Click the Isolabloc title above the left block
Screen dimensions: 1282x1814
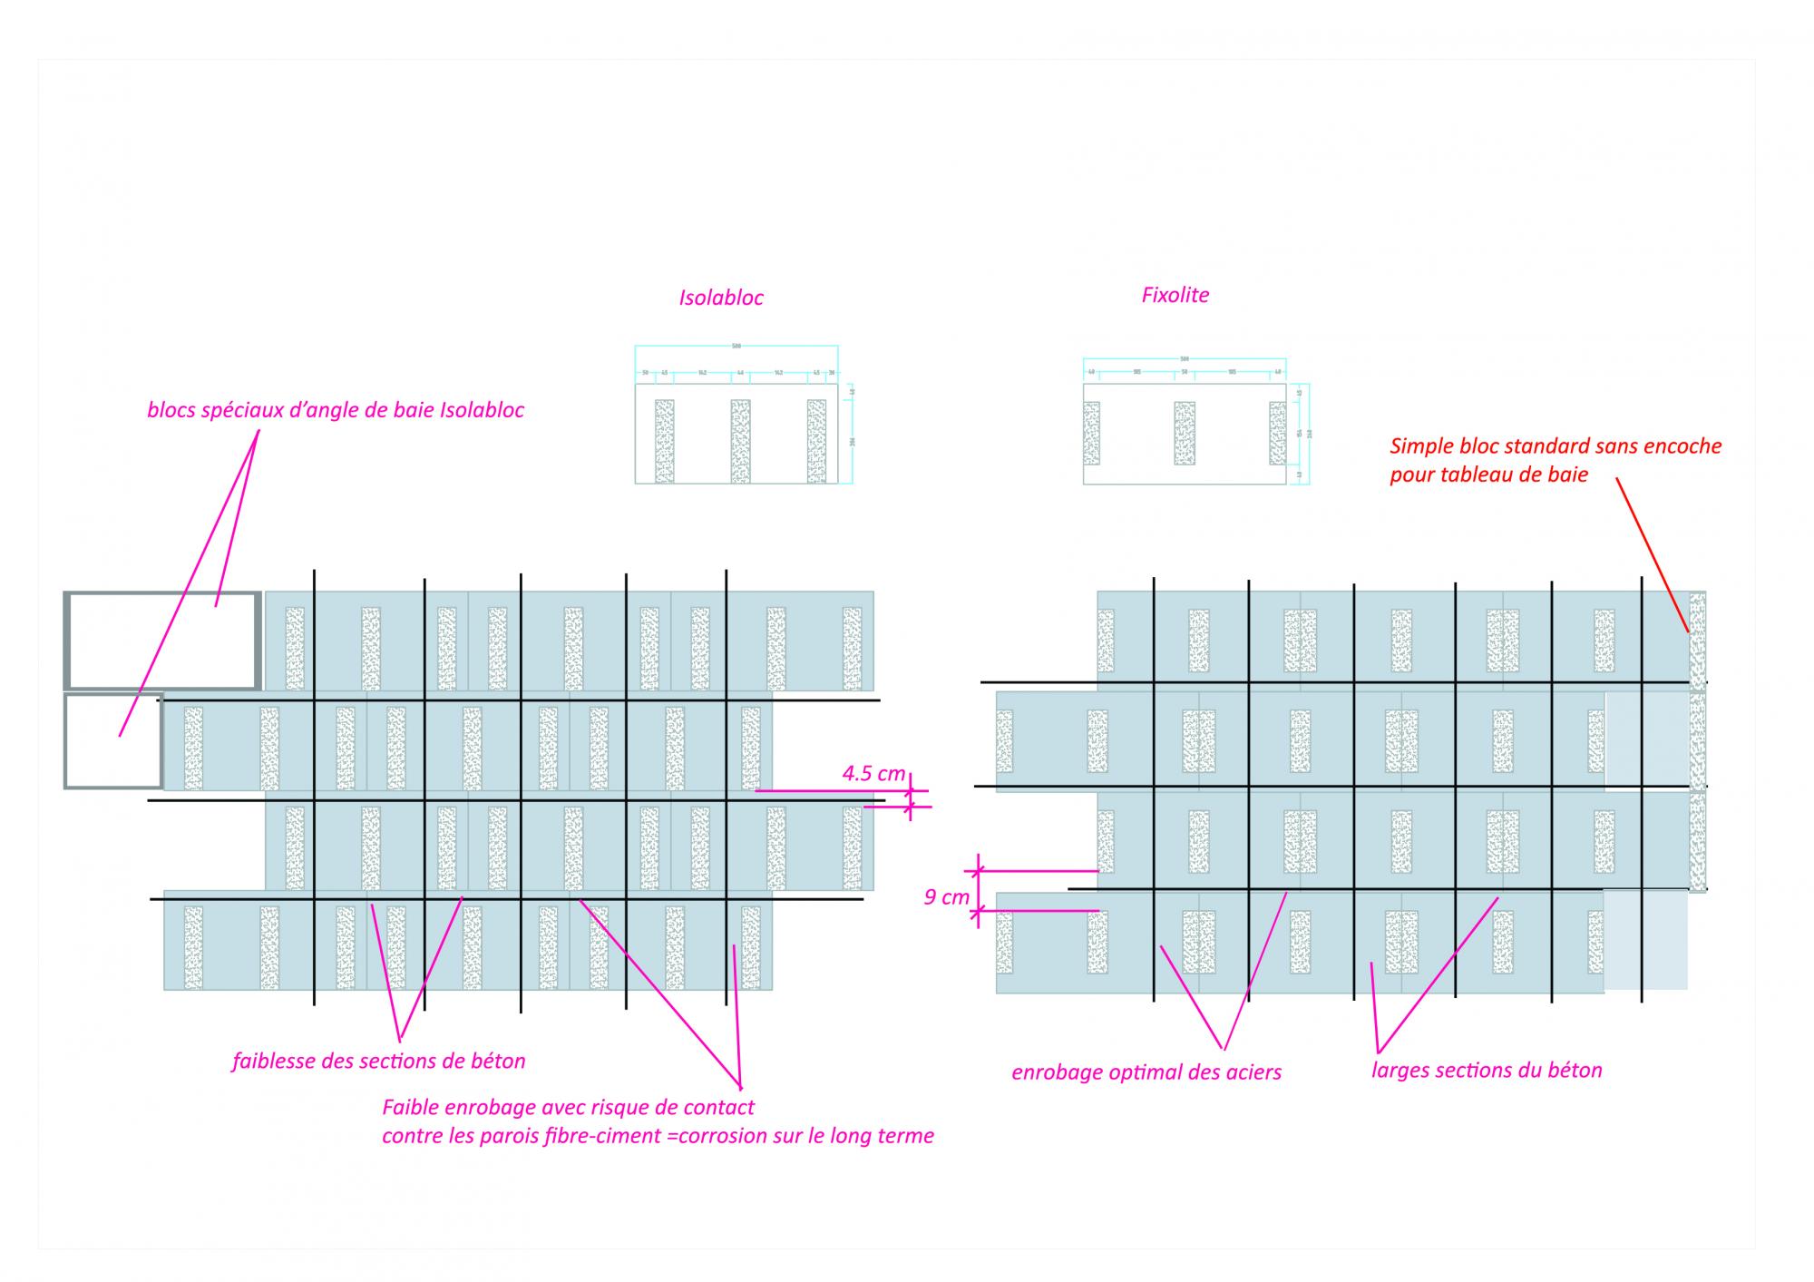point(721,298)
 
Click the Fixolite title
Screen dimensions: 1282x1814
point(1175,295)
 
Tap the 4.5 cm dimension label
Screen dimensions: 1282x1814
point(873,773)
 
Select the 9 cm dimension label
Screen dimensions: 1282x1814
point(946,897)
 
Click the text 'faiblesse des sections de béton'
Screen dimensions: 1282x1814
point(378,1061)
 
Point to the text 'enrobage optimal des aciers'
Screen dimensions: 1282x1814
point(1146,1072)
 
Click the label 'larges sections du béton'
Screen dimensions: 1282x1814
point(1486,1071)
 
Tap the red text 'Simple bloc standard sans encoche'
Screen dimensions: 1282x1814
point(1555,446)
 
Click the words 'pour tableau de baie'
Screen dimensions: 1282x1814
point(1488,475)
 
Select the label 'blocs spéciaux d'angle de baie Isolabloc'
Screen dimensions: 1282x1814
point(336,410)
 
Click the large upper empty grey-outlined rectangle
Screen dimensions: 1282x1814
point(162,640)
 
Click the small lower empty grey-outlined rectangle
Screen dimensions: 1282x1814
point(113,741)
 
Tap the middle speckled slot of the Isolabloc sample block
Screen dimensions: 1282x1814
point(740,441)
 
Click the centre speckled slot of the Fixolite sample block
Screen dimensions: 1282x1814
point(1184,434)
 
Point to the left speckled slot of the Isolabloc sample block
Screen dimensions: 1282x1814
point(664,441)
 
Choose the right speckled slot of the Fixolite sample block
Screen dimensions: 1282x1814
point(1277,434)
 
